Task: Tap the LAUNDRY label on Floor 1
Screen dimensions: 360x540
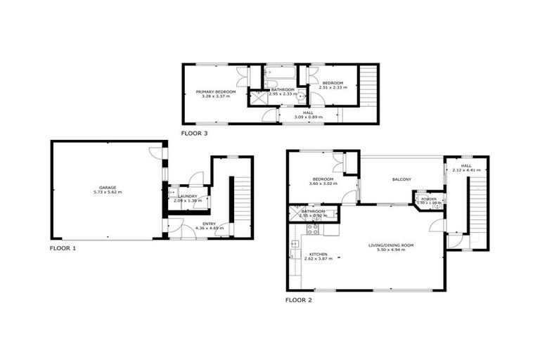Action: pos(188,196)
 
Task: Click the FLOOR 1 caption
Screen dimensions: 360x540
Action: pos(63,248)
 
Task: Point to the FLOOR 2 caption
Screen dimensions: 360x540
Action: pos(299,300)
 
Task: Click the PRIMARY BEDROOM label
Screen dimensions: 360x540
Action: pos(216,91)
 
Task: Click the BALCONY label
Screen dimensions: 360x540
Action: pos(401,179)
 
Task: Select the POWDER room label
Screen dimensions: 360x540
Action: pos(429,200)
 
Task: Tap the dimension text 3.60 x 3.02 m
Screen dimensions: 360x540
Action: pos(321,184)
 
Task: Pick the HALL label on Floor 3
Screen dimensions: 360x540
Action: pos(308,112)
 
